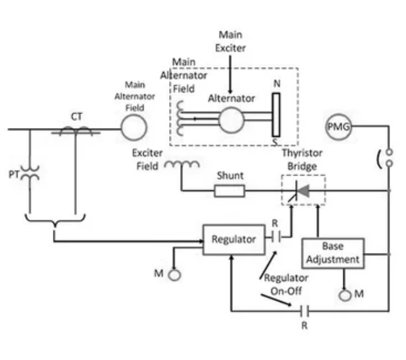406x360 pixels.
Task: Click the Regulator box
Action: [x=234, y=239]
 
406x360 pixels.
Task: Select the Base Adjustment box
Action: [x=332, y=253]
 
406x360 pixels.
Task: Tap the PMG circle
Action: [x=338, y=127]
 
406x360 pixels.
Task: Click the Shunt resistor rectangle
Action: [x=230, y=191]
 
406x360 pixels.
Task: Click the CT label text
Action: [x=76, y=117]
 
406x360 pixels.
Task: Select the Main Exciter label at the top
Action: [x=230, y=41]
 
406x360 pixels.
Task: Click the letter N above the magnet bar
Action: [x=277, y=84]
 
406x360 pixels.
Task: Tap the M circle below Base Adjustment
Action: [x=345, y=295]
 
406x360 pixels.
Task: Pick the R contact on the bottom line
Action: [x=304, y=311]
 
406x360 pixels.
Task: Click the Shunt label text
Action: [x=230, y=175]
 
